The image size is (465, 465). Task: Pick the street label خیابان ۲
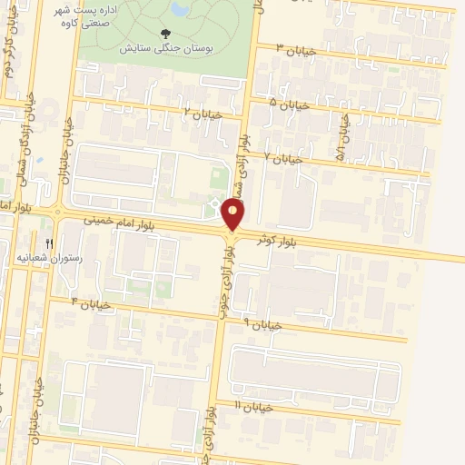(x=201, y=114)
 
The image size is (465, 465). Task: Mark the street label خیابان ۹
(x=263, y=323)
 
